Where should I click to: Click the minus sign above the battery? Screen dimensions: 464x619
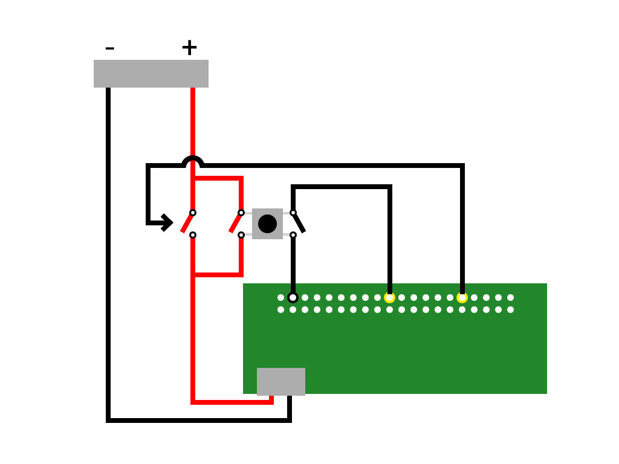pos(109,48)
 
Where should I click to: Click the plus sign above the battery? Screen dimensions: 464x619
pos(189,48)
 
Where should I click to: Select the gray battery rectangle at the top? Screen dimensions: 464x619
pos(151,74)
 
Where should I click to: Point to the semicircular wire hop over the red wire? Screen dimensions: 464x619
pos(193,160)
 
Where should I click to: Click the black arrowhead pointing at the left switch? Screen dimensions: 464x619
pos(167,223)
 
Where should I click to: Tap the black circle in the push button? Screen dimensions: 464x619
pos(267,224)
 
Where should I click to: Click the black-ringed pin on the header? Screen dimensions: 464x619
pos(293,297)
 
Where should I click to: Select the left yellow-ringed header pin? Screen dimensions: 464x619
pos(389,297)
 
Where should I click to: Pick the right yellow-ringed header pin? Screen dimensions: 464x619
pos(462,297)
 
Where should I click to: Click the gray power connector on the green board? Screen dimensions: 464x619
pos(281,381)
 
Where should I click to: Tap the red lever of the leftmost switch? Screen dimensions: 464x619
pos(186,223)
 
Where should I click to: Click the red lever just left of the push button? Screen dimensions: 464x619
pos(235,223)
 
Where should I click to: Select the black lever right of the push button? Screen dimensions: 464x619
pos(299,223)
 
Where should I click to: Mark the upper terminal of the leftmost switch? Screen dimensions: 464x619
pos(193,213)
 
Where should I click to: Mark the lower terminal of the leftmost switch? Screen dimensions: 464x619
pos(193,235)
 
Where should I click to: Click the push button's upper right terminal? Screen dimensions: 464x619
pos(293,213)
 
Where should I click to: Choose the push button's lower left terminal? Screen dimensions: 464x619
pos(241,235)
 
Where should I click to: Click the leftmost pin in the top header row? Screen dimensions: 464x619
pos(280,297)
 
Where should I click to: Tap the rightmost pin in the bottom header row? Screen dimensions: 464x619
pos(510,309)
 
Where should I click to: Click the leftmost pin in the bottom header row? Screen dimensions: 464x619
pos(280,309)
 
